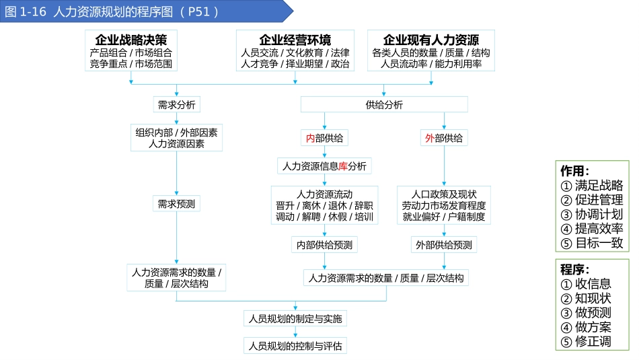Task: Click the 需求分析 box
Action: tap(176, 105)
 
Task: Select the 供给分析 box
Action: tap(384, 105)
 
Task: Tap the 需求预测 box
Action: tap(176, 203)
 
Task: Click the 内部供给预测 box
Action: tap(324, 245)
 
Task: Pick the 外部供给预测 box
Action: tap(444, 245)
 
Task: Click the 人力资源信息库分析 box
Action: tap(324, 166)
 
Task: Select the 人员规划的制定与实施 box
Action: tap(295, 319)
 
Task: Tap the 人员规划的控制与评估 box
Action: tap(295, 347)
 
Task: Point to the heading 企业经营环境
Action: tap(295, 40)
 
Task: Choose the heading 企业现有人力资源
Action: tap(431, 40)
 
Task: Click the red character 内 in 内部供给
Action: tap(310, 139)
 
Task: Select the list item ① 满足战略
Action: tap(591, 186)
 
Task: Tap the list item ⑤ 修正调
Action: tap(585, 342)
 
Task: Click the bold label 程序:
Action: tap(574, 269)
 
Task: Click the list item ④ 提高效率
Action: tap(591, 229)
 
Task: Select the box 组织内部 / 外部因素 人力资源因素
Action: tap(176, 138)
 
